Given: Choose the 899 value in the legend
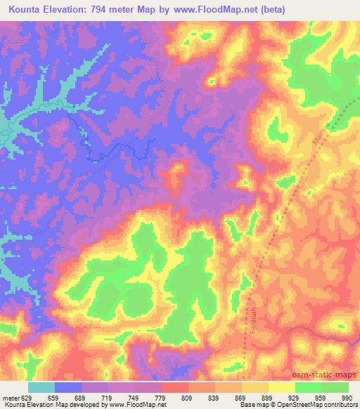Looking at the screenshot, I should pos(266,396).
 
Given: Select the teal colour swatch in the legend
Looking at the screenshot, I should pos(41,387).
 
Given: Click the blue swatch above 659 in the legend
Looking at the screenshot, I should pos(68,387).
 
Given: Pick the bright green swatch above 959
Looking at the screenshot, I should pos(309,387).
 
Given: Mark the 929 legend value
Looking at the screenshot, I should pos(293,396).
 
